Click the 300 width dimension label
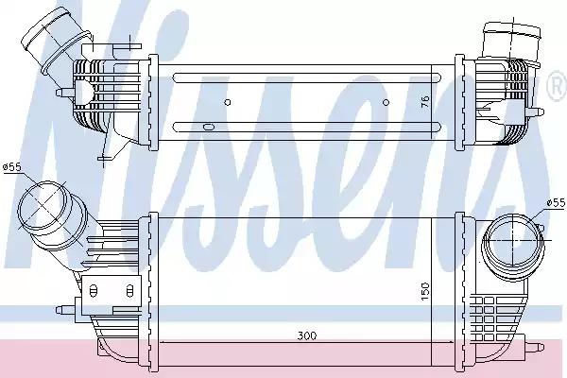(306, 335)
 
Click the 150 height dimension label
(425, 290)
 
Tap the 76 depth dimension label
(425, 101)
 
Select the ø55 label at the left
(12, 167)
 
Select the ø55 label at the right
(556, 202)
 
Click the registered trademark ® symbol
(558, 86)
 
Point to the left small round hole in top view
(228, 102)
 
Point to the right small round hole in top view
(386, 102)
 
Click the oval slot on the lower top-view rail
(209, 127)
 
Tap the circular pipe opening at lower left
(43, 205)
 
